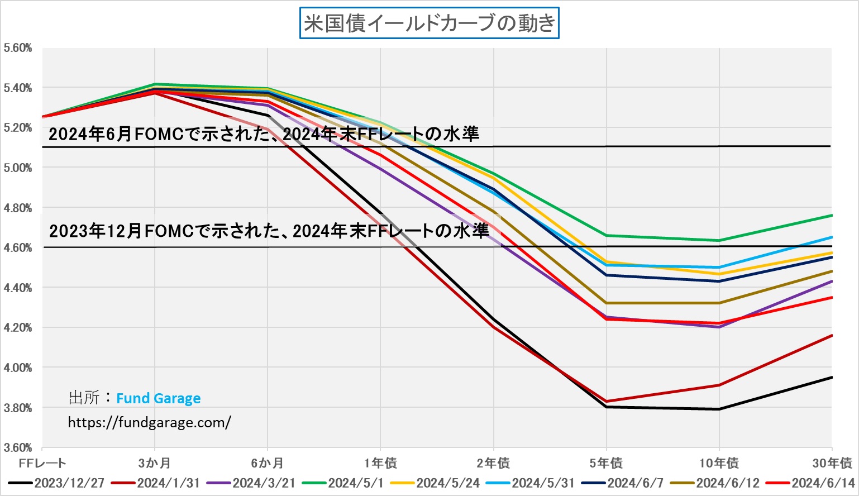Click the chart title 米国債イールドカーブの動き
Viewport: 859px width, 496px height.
(429, 23)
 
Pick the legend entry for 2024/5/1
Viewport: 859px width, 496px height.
(356, 483)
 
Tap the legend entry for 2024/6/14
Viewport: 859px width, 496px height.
(823, 483)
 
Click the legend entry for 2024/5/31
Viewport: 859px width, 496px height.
(543, 483)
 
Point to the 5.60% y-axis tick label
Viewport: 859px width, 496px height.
(18, 48)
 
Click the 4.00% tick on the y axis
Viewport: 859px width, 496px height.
(18, 368)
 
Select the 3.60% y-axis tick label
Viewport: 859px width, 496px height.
(18, 447)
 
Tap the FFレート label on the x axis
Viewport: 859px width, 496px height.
(42, 463)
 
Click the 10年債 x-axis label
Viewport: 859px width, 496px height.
(719, 463)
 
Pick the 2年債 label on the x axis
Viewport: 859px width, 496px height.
(493, 463)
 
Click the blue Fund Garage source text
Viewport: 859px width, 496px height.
(158, 398)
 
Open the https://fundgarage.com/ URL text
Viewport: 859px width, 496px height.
(149, 422)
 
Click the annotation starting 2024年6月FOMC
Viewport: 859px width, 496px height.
(264, 134)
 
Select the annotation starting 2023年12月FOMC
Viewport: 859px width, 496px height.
(269, 231)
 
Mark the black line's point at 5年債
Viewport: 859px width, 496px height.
(607, 407)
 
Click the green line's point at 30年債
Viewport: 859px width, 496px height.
(832, 215)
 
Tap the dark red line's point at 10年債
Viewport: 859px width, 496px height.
(719, 385)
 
